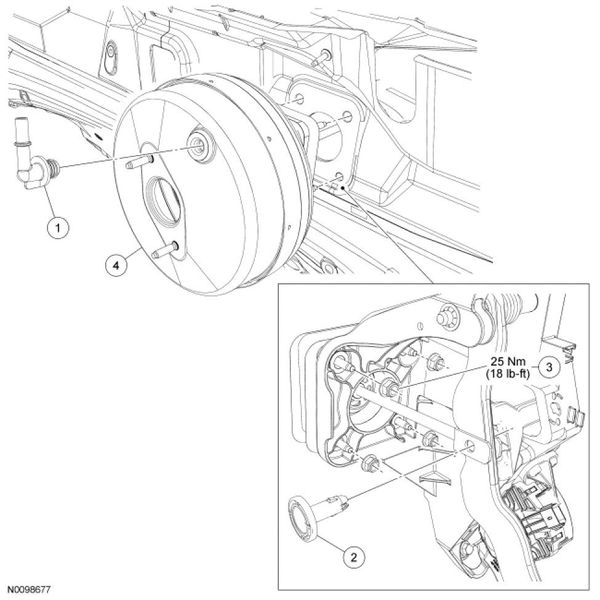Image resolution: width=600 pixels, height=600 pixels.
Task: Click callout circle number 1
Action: [58, 228]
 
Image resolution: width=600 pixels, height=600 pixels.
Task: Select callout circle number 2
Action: [353, 557]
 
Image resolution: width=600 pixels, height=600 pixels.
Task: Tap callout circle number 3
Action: [549, 367]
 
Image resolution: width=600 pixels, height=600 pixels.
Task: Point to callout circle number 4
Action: [116, 265]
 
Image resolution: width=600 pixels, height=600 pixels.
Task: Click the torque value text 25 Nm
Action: [508, 361]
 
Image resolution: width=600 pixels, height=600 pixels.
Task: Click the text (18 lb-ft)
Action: [508, 374]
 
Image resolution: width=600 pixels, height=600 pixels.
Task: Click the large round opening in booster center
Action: [163, 197]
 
